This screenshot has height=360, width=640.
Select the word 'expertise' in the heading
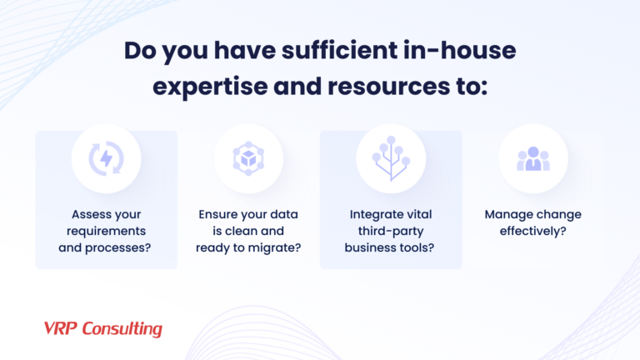(207, 86)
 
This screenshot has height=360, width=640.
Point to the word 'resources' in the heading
(382, 86)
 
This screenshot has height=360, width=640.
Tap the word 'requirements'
(106, 230)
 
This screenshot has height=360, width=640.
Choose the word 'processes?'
(125, 247)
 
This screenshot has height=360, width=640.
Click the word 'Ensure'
(217, 214)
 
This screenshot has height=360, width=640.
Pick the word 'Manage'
(506, 214)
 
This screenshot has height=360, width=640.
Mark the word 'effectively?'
(533, 230)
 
